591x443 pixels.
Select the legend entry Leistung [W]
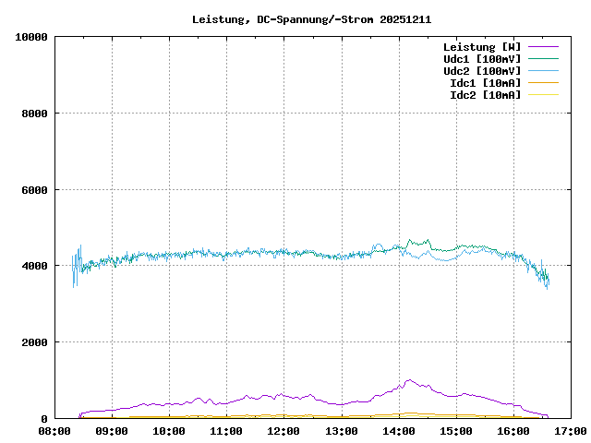click(x=481, y=47)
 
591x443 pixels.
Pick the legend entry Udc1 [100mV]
click(x=481, y=59)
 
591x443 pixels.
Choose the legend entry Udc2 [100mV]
click(x=481, y=71)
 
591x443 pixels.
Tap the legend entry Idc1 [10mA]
click(x=484, y=83)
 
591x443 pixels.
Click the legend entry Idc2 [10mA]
click(x=484, y=95)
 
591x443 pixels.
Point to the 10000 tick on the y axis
click(x=31, y=37)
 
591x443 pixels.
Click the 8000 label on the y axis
click(x=34, y=114)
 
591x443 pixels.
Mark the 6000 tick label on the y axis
click(x=34, y=190)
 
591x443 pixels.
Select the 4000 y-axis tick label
click(x=34, y=267)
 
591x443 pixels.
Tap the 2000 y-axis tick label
click(x=34, y=342)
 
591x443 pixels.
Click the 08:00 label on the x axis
click(x=54, y=431)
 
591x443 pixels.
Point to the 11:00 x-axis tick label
click(x=226, y=431)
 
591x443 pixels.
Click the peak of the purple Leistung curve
click(x=408, y=379)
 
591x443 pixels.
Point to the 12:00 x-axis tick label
click(x=283, y=431)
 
